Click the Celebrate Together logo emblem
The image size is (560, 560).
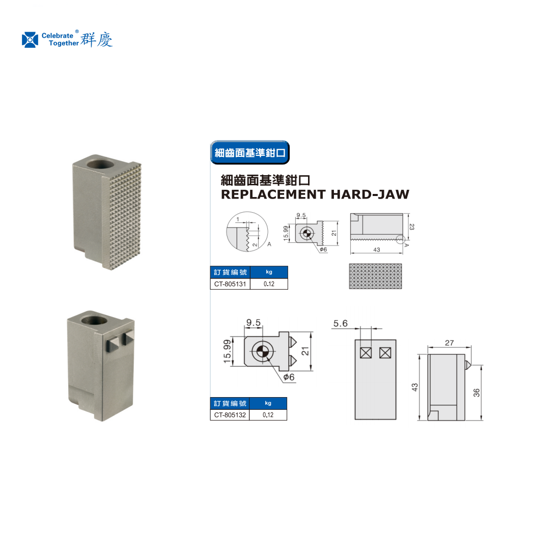(x=30, y=40)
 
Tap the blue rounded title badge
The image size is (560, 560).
(x=249, y=153)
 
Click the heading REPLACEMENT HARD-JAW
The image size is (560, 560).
(x=315, y=194)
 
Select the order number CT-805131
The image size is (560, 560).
(x=230, y=284)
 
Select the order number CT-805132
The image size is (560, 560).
(x=230, y=415)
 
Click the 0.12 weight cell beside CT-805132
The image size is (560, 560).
(x=268, y=415)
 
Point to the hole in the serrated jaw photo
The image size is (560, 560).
(x=101, y=164)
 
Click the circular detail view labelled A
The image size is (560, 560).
(x=247, y=232)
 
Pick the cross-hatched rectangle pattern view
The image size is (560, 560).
(x=375, y=276)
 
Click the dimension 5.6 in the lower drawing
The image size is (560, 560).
(x=341, y=324)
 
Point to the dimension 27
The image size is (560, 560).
(x=450, y=343)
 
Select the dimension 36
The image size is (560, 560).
(x=477, y=393)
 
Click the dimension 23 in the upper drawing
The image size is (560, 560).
(x=412, y=227)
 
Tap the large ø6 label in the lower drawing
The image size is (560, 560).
(x=289, y=377)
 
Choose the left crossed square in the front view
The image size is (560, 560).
(x=366, y=353)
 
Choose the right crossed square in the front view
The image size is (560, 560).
(x=385, y=353)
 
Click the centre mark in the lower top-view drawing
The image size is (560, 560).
(x=263, y=351)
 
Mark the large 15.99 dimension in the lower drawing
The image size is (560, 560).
(x=227, y=351)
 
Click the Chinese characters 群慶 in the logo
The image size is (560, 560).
(x=96, y=39)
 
